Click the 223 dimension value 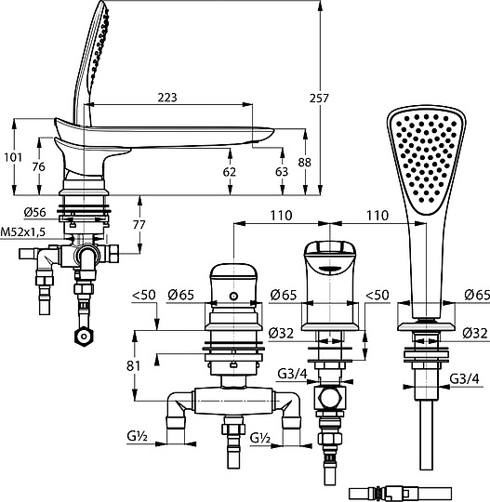(167, 98)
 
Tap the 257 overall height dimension (319, 98)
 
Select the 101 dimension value (13, 157)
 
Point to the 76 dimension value (39, 166)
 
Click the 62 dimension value (230, 172)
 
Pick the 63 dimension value (282, 172)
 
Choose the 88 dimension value (305, 163)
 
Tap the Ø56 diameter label (35, 212)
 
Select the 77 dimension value (139, 225)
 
